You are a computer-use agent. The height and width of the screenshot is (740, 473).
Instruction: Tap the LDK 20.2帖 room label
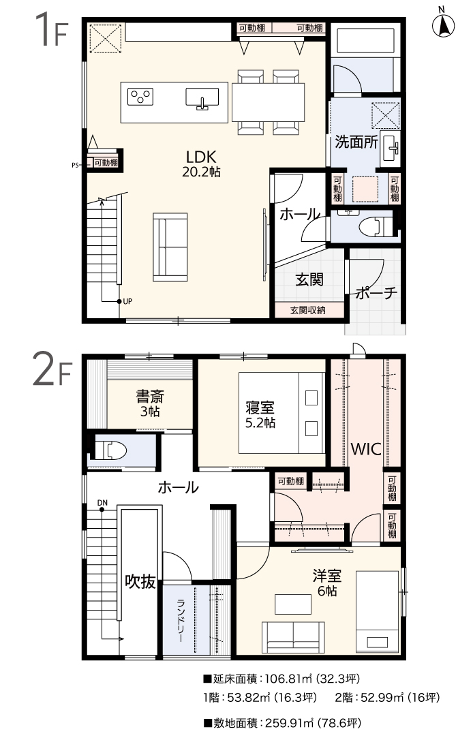coord(202,164)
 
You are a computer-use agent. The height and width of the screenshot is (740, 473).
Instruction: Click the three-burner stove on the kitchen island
coord(140,97)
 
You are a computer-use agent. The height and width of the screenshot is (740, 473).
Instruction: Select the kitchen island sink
coord(202,98)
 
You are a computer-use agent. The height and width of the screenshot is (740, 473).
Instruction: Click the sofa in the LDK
coord(170,247)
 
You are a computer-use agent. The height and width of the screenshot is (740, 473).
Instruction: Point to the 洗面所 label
coord(356,142)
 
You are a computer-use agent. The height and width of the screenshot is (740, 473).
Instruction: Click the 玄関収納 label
coord(308,310)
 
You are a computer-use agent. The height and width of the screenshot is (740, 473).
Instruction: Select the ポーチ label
coord(376,293)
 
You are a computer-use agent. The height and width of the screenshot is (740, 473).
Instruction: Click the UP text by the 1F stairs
coord(127,302)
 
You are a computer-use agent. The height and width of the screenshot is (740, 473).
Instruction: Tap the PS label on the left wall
coord(75,165)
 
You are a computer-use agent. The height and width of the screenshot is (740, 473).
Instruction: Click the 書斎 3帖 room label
coord(150,403)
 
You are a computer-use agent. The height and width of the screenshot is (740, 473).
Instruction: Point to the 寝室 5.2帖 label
coord(260,414)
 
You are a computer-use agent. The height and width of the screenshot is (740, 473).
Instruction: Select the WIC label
coord(366,449)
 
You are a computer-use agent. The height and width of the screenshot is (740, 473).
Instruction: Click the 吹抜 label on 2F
coord(140,582)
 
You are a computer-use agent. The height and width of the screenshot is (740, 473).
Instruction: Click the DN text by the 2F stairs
coord(102,503)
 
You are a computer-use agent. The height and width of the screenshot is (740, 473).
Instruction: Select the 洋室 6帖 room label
coord(326,583)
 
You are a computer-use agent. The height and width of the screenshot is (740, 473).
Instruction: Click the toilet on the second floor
coord(111,450)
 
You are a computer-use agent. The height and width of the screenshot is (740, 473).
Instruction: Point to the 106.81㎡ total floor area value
coord(289,679)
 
